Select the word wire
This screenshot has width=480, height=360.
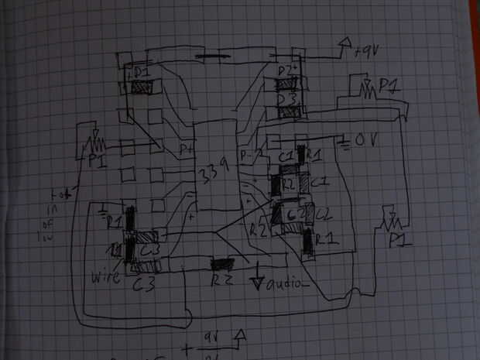click(106, 273)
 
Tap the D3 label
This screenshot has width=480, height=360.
click(288, 98)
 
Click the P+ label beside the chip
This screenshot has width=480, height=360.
click(186, 147)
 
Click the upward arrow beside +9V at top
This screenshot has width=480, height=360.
click(341, 48)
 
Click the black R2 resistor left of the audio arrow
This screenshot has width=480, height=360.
click(224, 266)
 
